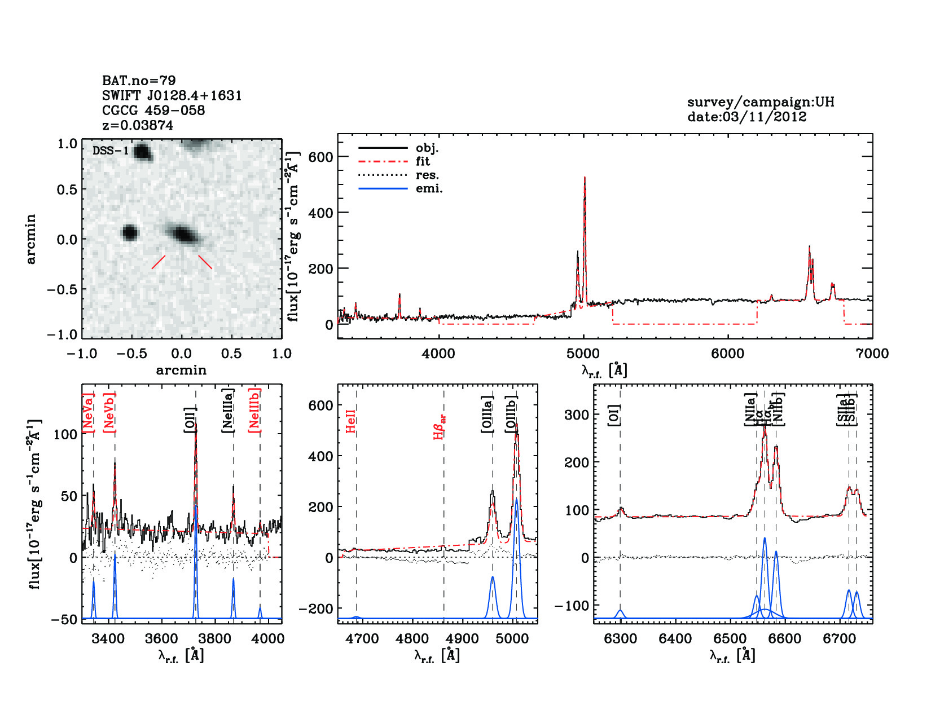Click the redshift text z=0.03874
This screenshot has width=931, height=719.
tap(138, 125)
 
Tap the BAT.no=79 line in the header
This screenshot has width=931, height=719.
tap(139, 81)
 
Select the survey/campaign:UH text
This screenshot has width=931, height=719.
tap(760, 102)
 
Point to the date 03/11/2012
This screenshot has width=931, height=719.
tap(746, 117)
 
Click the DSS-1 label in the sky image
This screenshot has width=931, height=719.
tap(111, 151)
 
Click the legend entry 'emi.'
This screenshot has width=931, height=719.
tap(429, 188)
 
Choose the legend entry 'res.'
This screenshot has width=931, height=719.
tap(427, 175)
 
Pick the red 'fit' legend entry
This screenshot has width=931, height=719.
tap(423, 161)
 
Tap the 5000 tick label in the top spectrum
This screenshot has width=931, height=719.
tap(583, 354)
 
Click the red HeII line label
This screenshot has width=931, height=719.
tap(350, 422)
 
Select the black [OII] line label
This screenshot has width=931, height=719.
tap(190, 420)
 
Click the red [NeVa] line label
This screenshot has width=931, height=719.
tap(89, 413)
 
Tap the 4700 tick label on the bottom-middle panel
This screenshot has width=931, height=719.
tap(362, 638)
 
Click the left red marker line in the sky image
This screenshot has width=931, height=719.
tap(159, 262)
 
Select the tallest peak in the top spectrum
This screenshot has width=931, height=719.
tap(585, 178)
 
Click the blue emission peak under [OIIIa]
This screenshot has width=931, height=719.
tap(493, 578)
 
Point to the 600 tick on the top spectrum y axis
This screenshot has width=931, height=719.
tap(320, 157)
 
